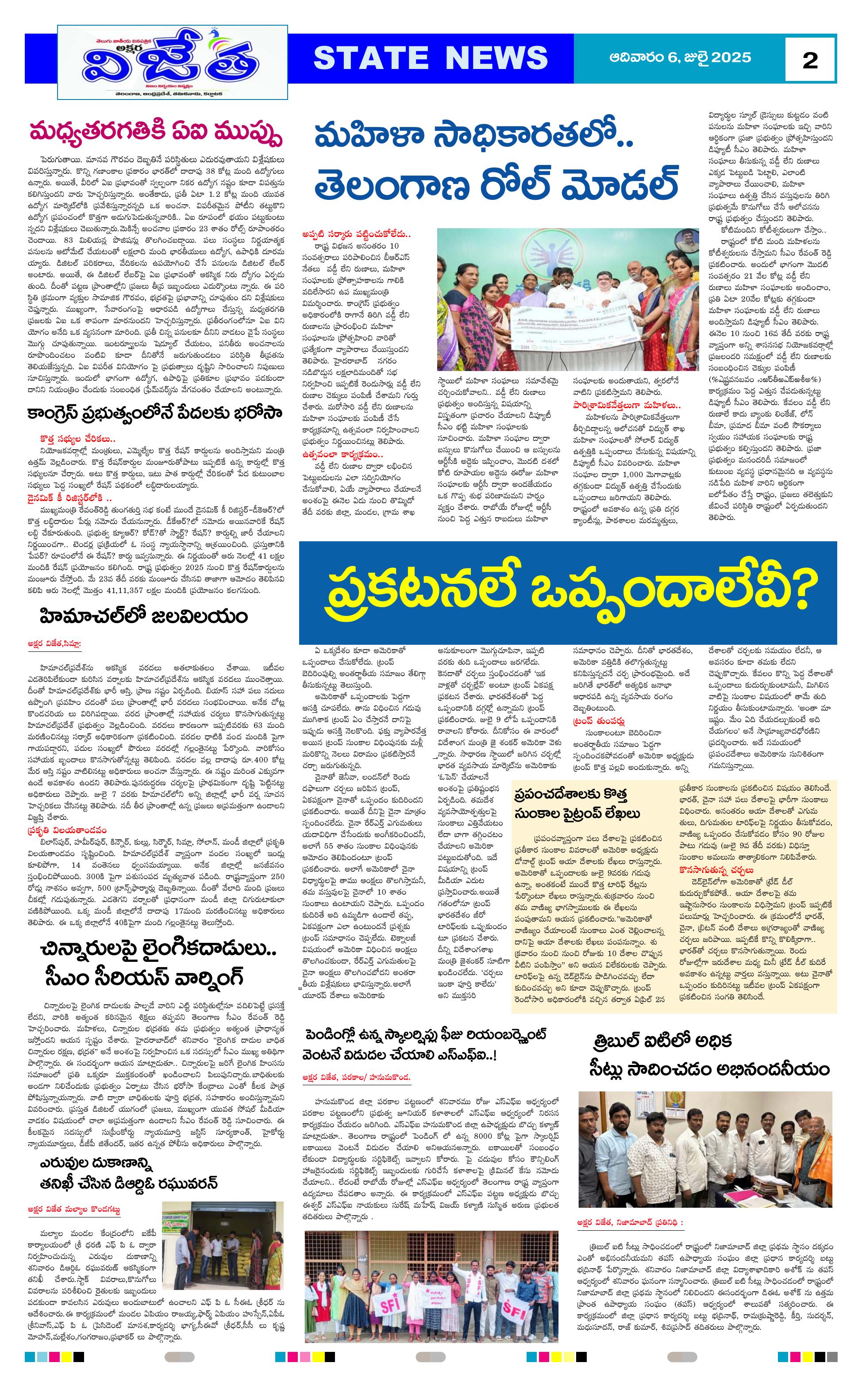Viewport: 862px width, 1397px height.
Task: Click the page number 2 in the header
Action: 810,60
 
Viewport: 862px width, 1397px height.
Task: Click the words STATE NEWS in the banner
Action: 431,58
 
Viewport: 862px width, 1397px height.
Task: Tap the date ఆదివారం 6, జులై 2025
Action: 680,57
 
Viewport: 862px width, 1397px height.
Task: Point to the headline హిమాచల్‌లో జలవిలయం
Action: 144,616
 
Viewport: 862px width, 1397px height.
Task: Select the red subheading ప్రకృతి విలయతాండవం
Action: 67,830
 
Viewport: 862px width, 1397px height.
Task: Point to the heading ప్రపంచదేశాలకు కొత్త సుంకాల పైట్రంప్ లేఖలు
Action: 577,804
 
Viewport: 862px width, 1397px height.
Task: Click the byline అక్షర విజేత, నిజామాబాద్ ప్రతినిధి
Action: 629,1222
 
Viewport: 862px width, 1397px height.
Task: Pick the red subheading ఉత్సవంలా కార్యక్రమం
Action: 342,454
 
